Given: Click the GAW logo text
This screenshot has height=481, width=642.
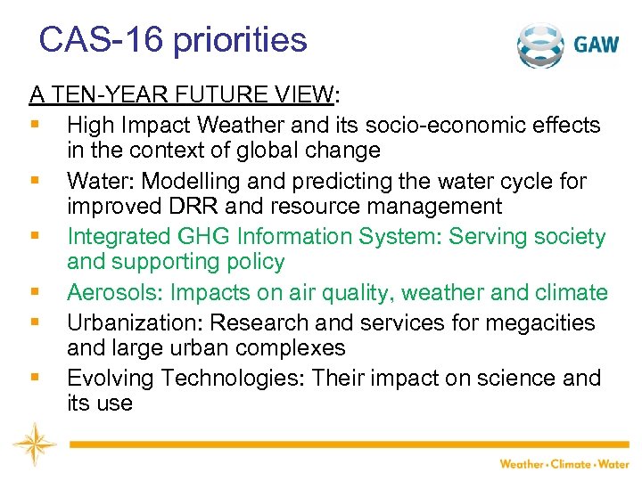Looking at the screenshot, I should (597, 45).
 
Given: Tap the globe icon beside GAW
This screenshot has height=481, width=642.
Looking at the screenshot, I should (543, 45).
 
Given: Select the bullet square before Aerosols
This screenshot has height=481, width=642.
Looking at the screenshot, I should (35, 292).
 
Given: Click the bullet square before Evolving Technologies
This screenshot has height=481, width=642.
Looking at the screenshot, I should (35, 377).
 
